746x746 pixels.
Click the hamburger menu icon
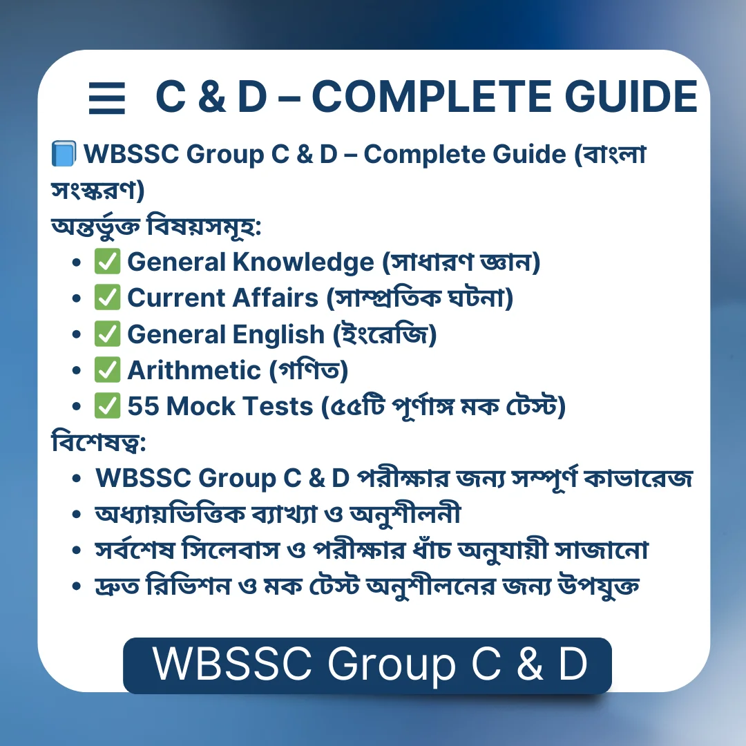click(x=107, y=98)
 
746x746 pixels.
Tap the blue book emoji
click(x=64, y=153)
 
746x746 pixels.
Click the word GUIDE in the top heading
click(x=631, y=97)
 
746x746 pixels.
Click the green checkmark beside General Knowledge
click(x=108, y=261)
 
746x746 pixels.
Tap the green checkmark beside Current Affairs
click(x=108, y=297)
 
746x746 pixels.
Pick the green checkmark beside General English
click(x=108, y=334)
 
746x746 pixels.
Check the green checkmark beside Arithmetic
click(x=108, y=370)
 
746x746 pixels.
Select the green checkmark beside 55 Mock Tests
click(x=108, y=406)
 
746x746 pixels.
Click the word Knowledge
click(x=303, y=262)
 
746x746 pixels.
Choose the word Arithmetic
click(x=194, y=370)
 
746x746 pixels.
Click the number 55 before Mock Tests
click(x=143, y=406)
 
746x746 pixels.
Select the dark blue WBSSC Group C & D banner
click(x=367, y=665)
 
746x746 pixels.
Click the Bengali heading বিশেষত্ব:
click(x=99, y=442)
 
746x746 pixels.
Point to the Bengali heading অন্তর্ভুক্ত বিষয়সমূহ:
click(x=156, y=227)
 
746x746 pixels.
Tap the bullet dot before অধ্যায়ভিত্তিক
click(x=77, y=515)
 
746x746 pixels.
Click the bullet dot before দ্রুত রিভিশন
click(x=77, y=586)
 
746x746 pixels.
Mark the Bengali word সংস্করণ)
click(x=97, y=190)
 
